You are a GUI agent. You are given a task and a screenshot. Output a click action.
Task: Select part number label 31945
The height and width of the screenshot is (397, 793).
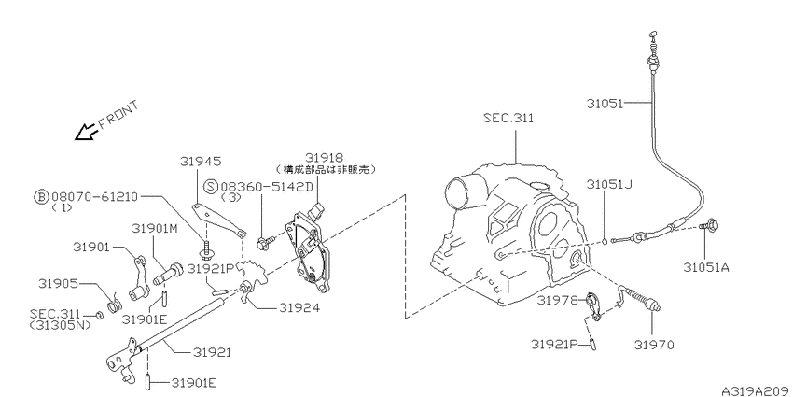click(x=201, y=161)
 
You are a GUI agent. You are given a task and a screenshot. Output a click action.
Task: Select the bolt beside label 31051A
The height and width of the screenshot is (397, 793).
click(x=710, y=224)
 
